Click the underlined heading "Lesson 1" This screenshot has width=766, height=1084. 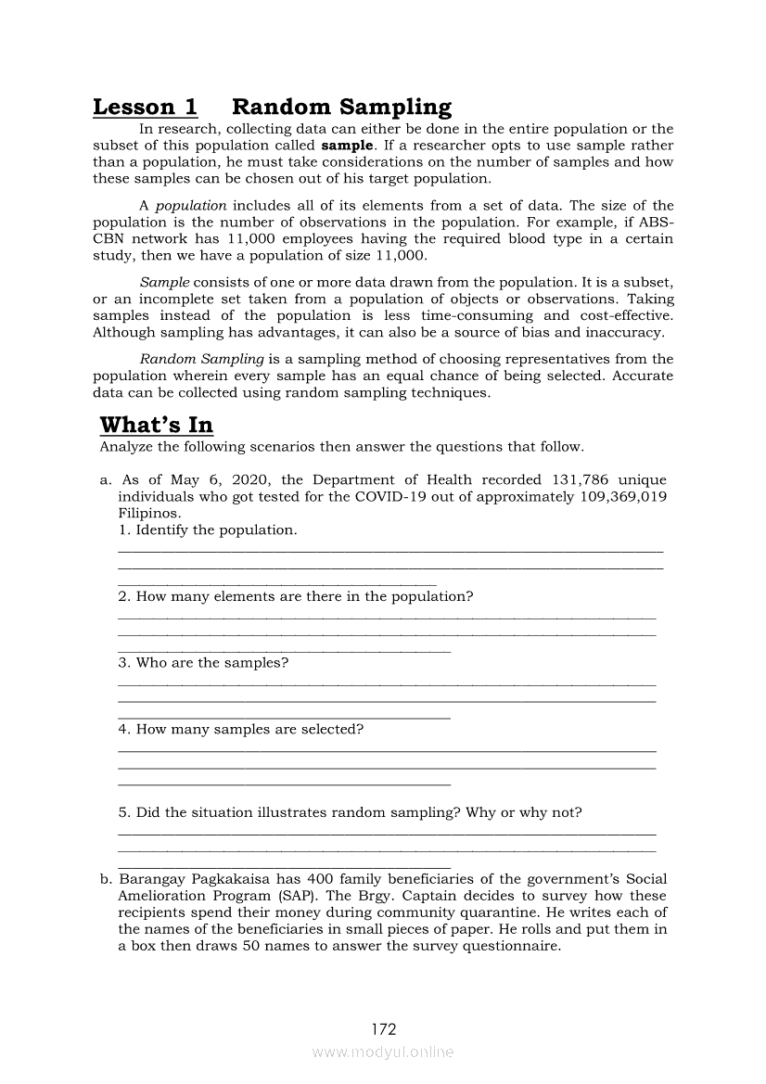coord(145,108)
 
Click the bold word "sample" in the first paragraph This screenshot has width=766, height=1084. coord(348,147)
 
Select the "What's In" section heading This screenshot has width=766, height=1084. coord(157,426)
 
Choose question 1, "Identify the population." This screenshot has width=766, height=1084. coord(208,530)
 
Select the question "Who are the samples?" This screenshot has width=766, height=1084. coord(203,662)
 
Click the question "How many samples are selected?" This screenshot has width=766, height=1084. coord(240,729)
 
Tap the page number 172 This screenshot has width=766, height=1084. coord(384,1029)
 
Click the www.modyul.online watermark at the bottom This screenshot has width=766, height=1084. coord(383,1052)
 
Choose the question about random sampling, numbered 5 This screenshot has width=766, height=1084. coord(351,812)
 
